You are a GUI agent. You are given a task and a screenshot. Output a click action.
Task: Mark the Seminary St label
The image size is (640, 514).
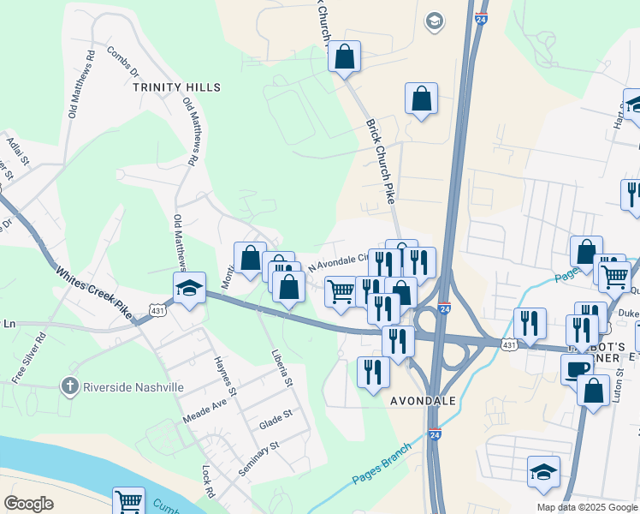point(259,459)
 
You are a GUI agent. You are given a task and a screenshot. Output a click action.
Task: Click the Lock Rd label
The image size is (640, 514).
point(206,484)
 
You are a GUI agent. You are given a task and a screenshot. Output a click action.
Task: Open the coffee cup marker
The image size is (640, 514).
point(577,368)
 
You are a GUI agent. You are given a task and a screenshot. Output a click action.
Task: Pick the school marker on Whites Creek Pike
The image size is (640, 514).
point(189,288)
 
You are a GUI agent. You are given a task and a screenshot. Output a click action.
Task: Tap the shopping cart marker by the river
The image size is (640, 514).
point(128,502)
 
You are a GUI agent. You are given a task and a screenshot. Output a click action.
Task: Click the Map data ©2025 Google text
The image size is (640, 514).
point(586,507)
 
